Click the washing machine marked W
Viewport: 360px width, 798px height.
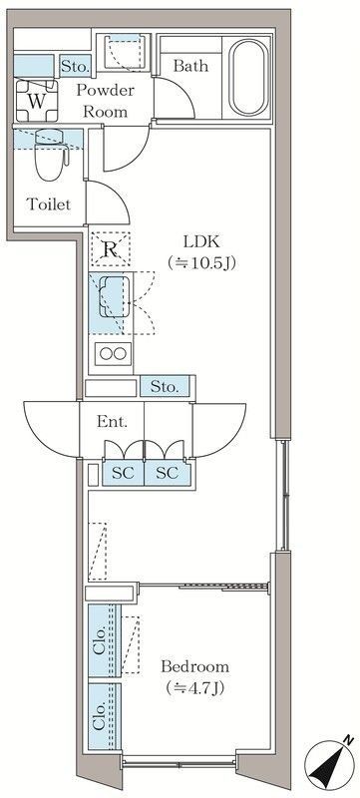37,101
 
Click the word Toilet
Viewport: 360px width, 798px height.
47,205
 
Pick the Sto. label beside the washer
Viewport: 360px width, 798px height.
75,67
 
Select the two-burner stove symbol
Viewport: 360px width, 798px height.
112,352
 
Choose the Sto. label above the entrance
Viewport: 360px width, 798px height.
166,386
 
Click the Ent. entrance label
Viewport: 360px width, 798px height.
111,422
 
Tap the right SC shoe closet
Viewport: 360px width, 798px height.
166,473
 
